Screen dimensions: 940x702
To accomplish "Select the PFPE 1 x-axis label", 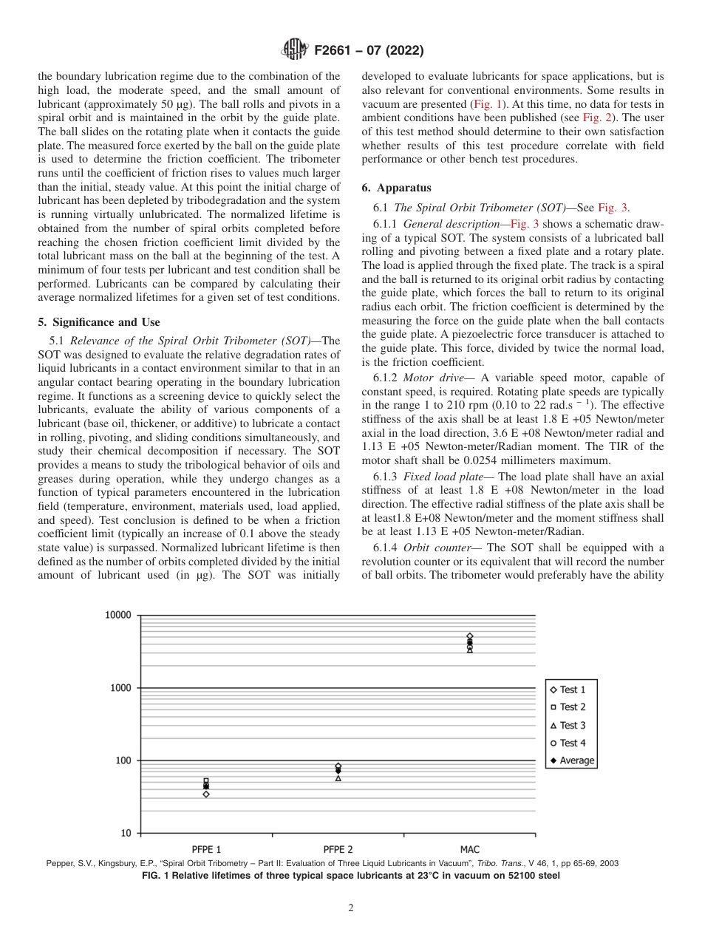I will click(205, 849).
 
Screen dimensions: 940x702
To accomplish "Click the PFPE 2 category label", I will click(338, 849).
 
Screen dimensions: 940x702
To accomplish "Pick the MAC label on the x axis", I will click(469, 849).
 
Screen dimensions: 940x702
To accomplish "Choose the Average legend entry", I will click(572, 760).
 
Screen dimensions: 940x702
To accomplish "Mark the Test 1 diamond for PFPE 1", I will click(205, 794).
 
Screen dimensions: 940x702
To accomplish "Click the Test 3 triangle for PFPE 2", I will click(338, 778).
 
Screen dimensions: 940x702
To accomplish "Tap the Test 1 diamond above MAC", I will click(469, 636).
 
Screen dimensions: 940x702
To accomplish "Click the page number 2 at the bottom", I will click(351, 908).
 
